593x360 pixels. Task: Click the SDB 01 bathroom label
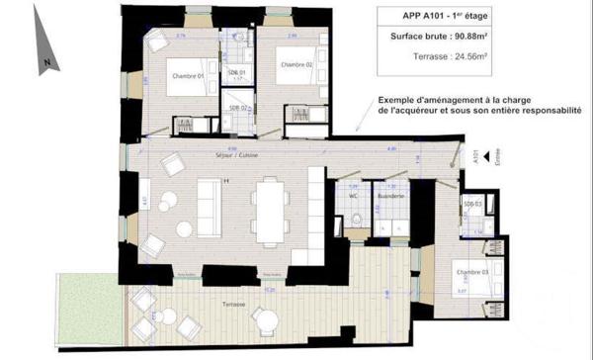pyautogui.click(x=235, y=73)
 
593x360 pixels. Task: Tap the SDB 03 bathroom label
pyautogui.click(x=471, y=204)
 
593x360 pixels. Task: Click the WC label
pyautogui.click(x=350, y=195)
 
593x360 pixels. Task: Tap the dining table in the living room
pyautogui.click(x=268, y=207)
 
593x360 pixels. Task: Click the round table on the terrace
pyautogui.click(x=264, y=319)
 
